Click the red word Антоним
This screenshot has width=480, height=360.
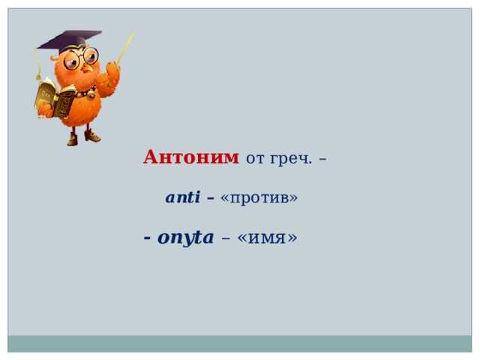pos(191,157)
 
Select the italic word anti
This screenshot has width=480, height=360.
pos(183,196)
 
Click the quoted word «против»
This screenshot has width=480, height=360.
pos(259,198)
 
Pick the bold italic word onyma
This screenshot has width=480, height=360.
pos(185,238)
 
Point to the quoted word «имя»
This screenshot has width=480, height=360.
pos(267,238)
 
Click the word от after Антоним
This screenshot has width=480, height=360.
pos(255,159)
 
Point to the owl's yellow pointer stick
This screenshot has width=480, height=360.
pos(125,47)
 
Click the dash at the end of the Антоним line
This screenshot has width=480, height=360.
pos(322,159)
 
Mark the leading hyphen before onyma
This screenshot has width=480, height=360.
pos(147,238)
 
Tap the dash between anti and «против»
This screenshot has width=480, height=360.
pos(210,198)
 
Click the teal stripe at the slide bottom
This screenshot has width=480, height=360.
pos(240,343)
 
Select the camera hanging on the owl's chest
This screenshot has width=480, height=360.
pos(91,94)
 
